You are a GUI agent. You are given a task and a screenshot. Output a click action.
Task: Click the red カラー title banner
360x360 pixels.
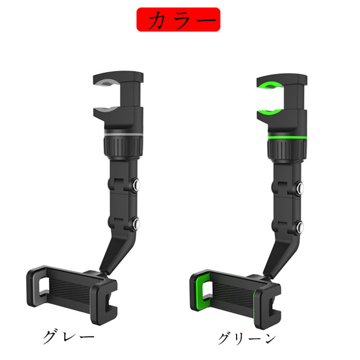point(178,20)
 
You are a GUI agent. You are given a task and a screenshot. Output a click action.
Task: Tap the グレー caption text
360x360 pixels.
point(68,337)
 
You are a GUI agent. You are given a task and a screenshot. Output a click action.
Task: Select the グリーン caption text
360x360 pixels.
point(247,339)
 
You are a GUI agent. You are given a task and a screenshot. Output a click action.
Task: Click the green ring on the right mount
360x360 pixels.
point(287,137)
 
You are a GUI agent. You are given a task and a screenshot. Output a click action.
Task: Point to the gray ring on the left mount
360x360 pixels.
point(123,134)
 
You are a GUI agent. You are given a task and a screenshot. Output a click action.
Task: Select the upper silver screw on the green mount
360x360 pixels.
point(300,188)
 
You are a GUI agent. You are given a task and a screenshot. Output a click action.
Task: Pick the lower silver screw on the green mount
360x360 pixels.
point(300,227)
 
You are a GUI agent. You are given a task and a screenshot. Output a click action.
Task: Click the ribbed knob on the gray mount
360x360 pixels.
point(123,147)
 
